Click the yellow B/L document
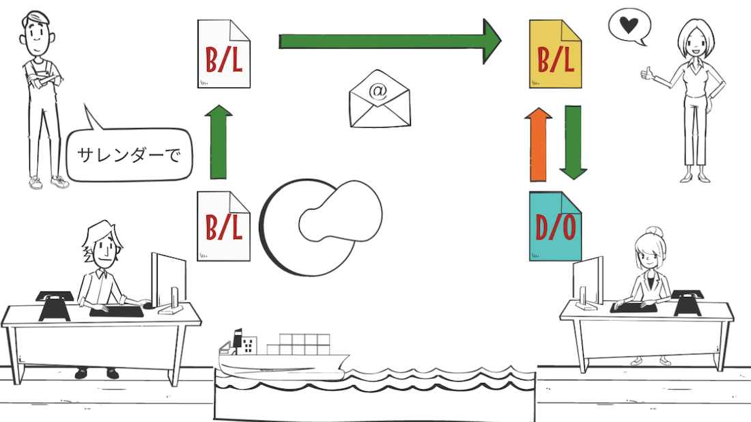click(555, 54)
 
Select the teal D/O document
click(555, 226)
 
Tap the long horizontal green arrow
click(390, 41)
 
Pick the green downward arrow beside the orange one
click(573, 143)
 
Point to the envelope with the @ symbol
click(380, 99)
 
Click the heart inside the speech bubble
click(628, 25)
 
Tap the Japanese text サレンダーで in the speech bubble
click(129, 155)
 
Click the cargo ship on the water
click(283, 354)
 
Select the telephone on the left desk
click(54, 306)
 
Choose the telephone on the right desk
click(688, 303)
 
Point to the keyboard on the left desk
click(116, 312)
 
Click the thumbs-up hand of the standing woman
click(647, 74)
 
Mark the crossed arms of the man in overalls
click(42, 78)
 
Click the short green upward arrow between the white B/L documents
click(218, 142)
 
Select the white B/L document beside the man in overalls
click(224, 54)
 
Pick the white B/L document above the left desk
click(224, 226)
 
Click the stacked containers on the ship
click(298, 344)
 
